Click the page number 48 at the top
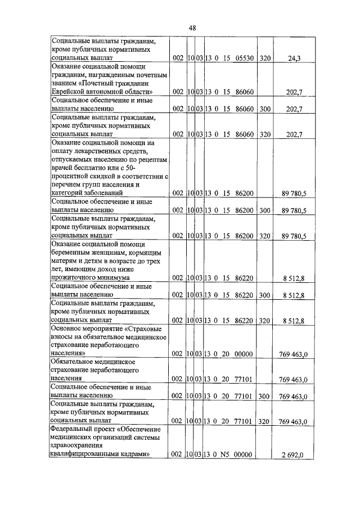coord(192,28)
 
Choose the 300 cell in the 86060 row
coord(265,109)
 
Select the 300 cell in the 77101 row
coord(265,397)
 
